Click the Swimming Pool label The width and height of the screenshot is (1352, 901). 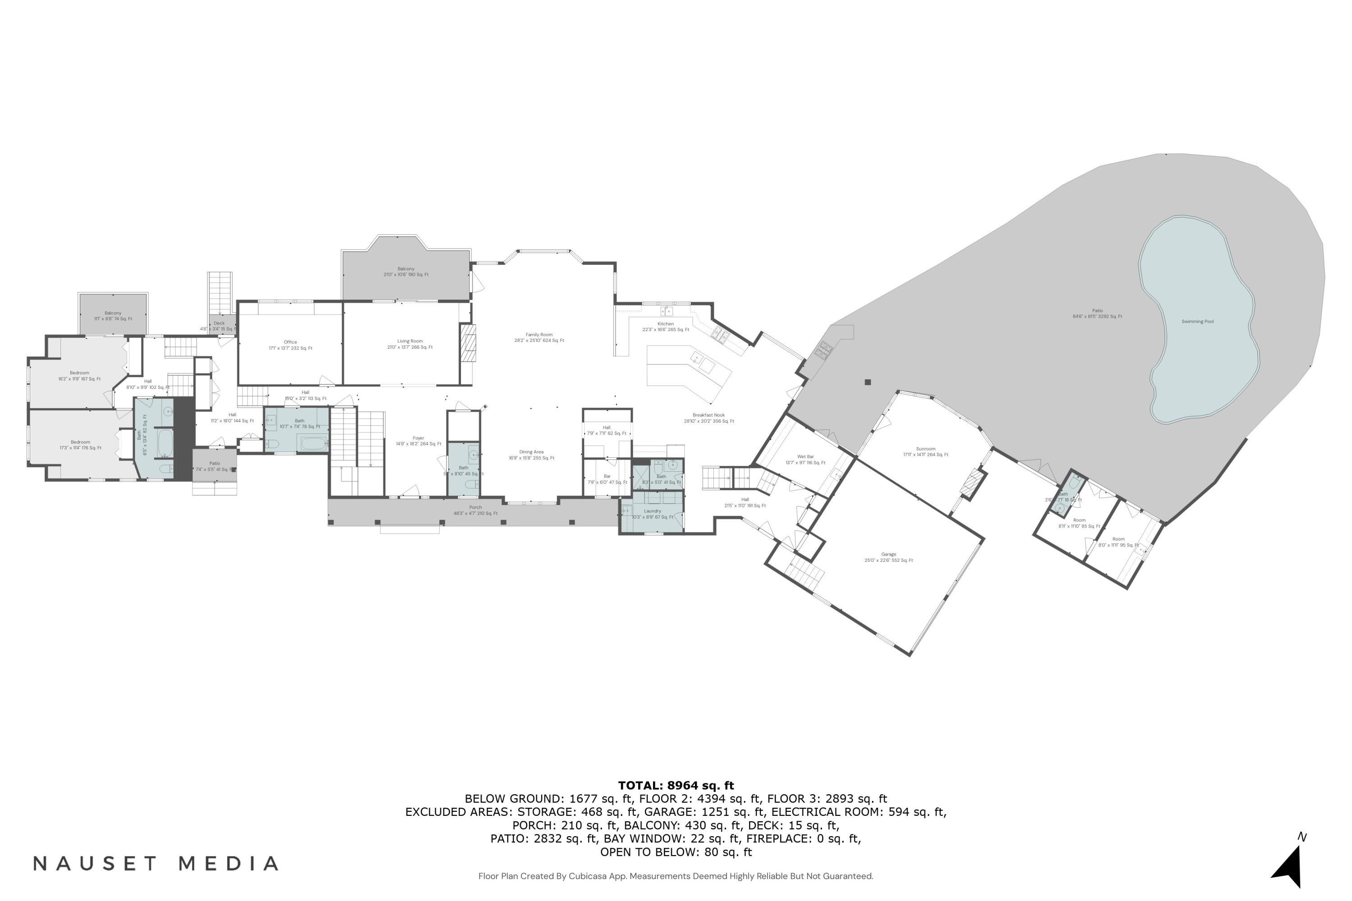click(1197, 322)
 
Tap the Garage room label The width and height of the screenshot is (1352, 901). click(888, 555)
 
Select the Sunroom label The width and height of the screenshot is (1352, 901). click(926, 449)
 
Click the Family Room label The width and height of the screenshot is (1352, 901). click(539, 335)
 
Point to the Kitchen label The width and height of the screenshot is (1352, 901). click(665, 324)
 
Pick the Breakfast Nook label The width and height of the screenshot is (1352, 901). click(708, 415)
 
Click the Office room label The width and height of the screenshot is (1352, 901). click(290, 342)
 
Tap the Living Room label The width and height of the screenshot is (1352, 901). click(409, 341)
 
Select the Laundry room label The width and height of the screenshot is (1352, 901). click(653, 511)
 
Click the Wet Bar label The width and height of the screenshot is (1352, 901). click(805, 457)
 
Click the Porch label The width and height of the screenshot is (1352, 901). click(475, 507)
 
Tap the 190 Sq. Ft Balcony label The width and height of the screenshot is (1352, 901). click(406, 269)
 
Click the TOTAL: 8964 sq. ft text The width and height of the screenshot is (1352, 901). click(676, 786)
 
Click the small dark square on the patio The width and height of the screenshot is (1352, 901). click(868, 382)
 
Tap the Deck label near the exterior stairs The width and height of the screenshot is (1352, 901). click(219, 323)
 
